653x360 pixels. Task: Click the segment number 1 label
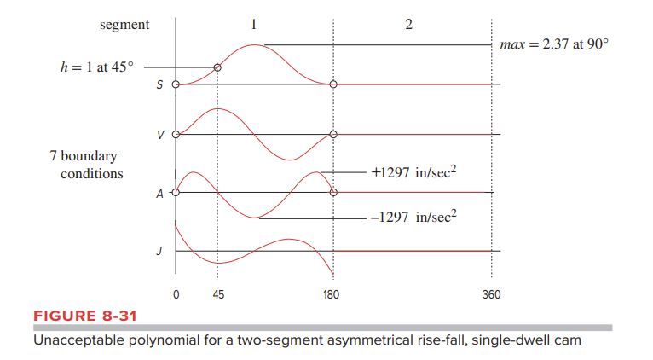[253, 24]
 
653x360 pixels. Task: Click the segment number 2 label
[408, 24]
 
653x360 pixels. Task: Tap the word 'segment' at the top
[124, 25]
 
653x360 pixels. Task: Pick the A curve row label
[161, 194]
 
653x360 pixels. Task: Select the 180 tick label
[332, 294]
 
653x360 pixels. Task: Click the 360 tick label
[491, 294]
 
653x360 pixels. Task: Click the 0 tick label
[176, 294]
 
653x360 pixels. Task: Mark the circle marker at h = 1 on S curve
[217, 67]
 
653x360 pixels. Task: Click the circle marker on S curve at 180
[333, 84]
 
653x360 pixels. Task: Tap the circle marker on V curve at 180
[333, 135]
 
